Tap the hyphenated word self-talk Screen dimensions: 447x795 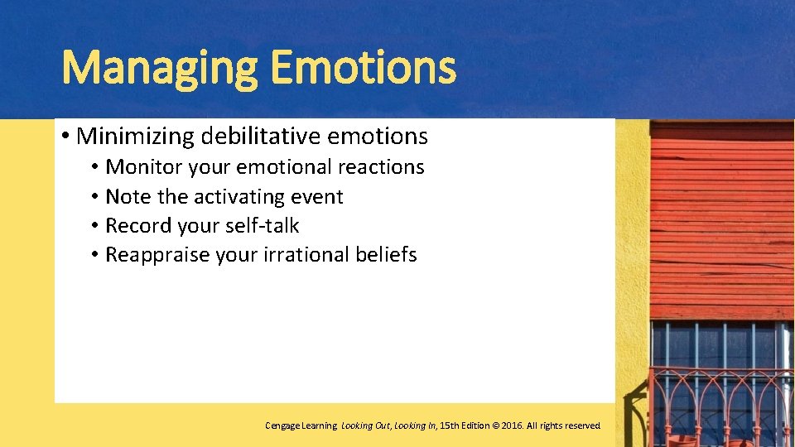pos(264,225)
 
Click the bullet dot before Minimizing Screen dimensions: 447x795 pos(65,135)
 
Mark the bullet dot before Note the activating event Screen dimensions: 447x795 pos(96,197)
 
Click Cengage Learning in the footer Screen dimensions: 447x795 pos(301,425)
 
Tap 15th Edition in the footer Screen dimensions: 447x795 pos(465,425)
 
